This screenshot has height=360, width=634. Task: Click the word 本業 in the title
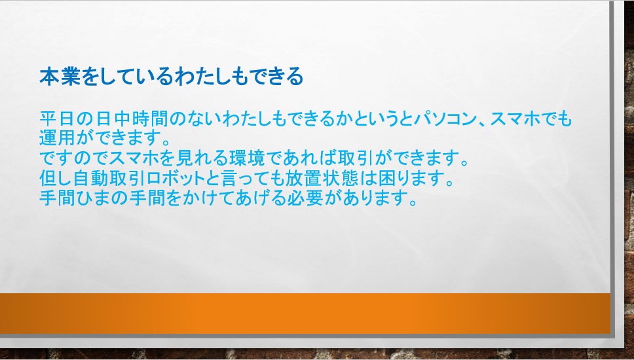pyautogui.click(x=60, y=77)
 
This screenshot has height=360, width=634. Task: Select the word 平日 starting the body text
pyautogui.click(x=58, y=119)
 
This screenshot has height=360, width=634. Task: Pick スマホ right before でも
pyautogui.click(x=517, y=119)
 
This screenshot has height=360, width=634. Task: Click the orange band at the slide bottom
pyautogui.click(x=305, y=314)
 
